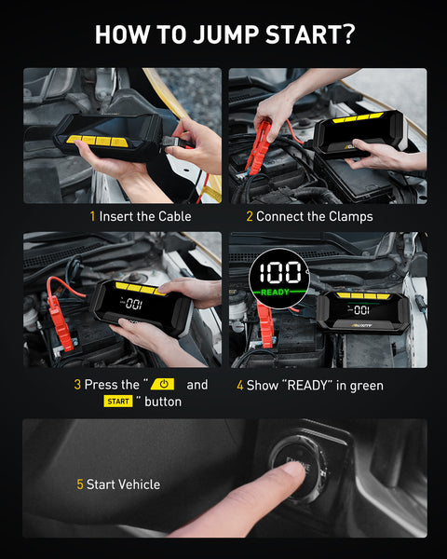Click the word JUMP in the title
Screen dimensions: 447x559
point(225,35)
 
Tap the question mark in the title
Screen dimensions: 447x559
point(346,34)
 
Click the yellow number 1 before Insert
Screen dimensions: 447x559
point(92,216)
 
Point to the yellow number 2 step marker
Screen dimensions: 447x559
point(250,216)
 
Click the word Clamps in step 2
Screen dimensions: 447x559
point(351,217)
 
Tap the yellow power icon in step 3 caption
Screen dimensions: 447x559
point(163,384)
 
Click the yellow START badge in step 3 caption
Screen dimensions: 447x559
point(118,402)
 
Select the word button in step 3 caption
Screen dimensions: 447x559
point(163,402)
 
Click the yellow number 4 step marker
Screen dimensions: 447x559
point(240,386)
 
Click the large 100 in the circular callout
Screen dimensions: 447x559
point(279,273)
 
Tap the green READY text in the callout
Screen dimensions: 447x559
point(276,293)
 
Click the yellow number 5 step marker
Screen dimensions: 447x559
point(80,484)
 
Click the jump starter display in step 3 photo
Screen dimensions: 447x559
point(134,304)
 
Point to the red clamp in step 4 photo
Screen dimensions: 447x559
point(264,324)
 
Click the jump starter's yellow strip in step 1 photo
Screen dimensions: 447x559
point(97,141)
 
